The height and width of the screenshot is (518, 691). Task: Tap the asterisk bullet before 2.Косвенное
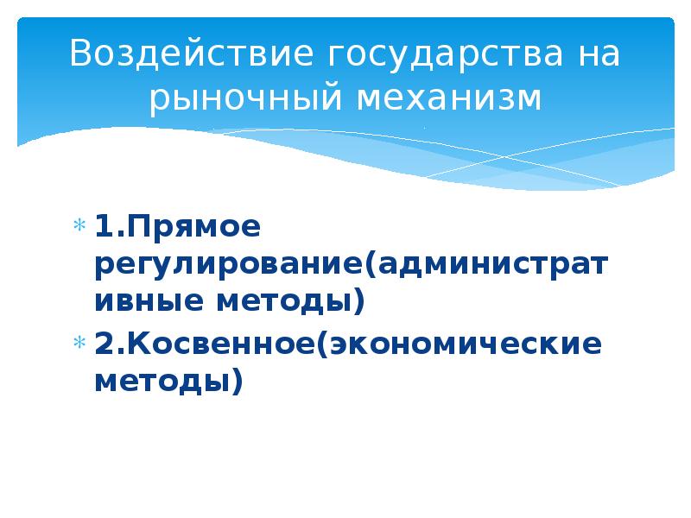(78, 343)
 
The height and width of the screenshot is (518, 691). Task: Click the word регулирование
(228, 266)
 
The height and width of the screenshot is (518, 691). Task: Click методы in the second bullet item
(161, 380)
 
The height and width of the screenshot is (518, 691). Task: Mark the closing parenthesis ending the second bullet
(236, 381)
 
